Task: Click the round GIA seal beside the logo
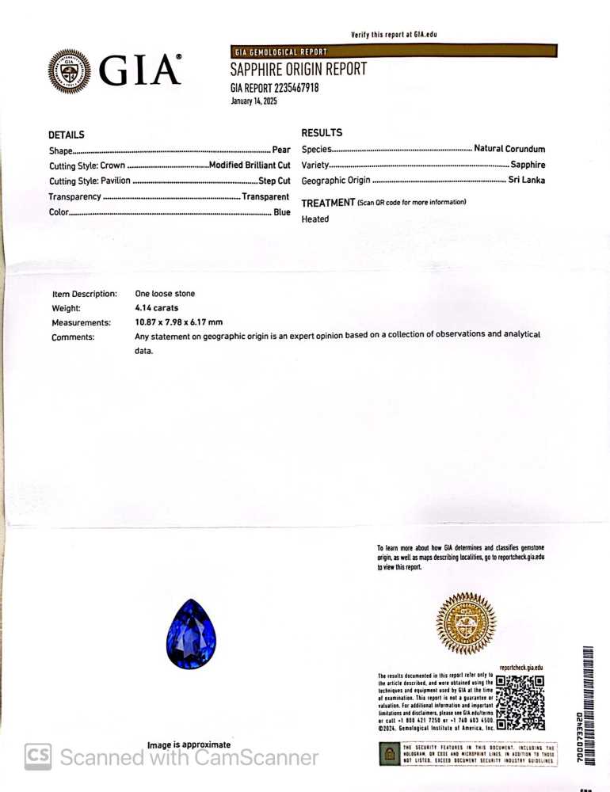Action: [69, 71]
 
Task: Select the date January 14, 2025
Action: [254, 101]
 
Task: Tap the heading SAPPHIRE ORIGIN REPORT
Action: [298, 69]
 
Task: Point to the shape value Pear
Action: [281, 150]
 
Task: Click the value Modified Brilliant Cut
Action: [250, 166]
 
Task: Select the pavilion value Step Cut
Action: [274, 181]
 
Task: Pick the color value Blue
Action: [282, 212]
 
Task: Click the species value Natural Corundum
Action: [509, 149]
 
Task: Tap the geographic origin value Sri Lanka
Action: [526, 181]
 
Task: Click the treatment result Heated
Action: [315, 219]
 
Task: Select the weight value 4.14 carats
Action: [157, 308]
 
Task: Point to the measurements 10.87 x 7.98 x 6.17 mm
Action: [179, 322]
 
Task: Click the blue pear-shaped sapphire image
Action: [191, 634]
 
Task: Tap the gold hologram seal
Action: [466, 623]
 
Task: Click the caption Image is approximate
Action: [189, 745]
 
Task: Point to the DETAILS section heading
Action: [66, 135]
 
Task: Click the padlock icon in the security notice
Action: [390, 755]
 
